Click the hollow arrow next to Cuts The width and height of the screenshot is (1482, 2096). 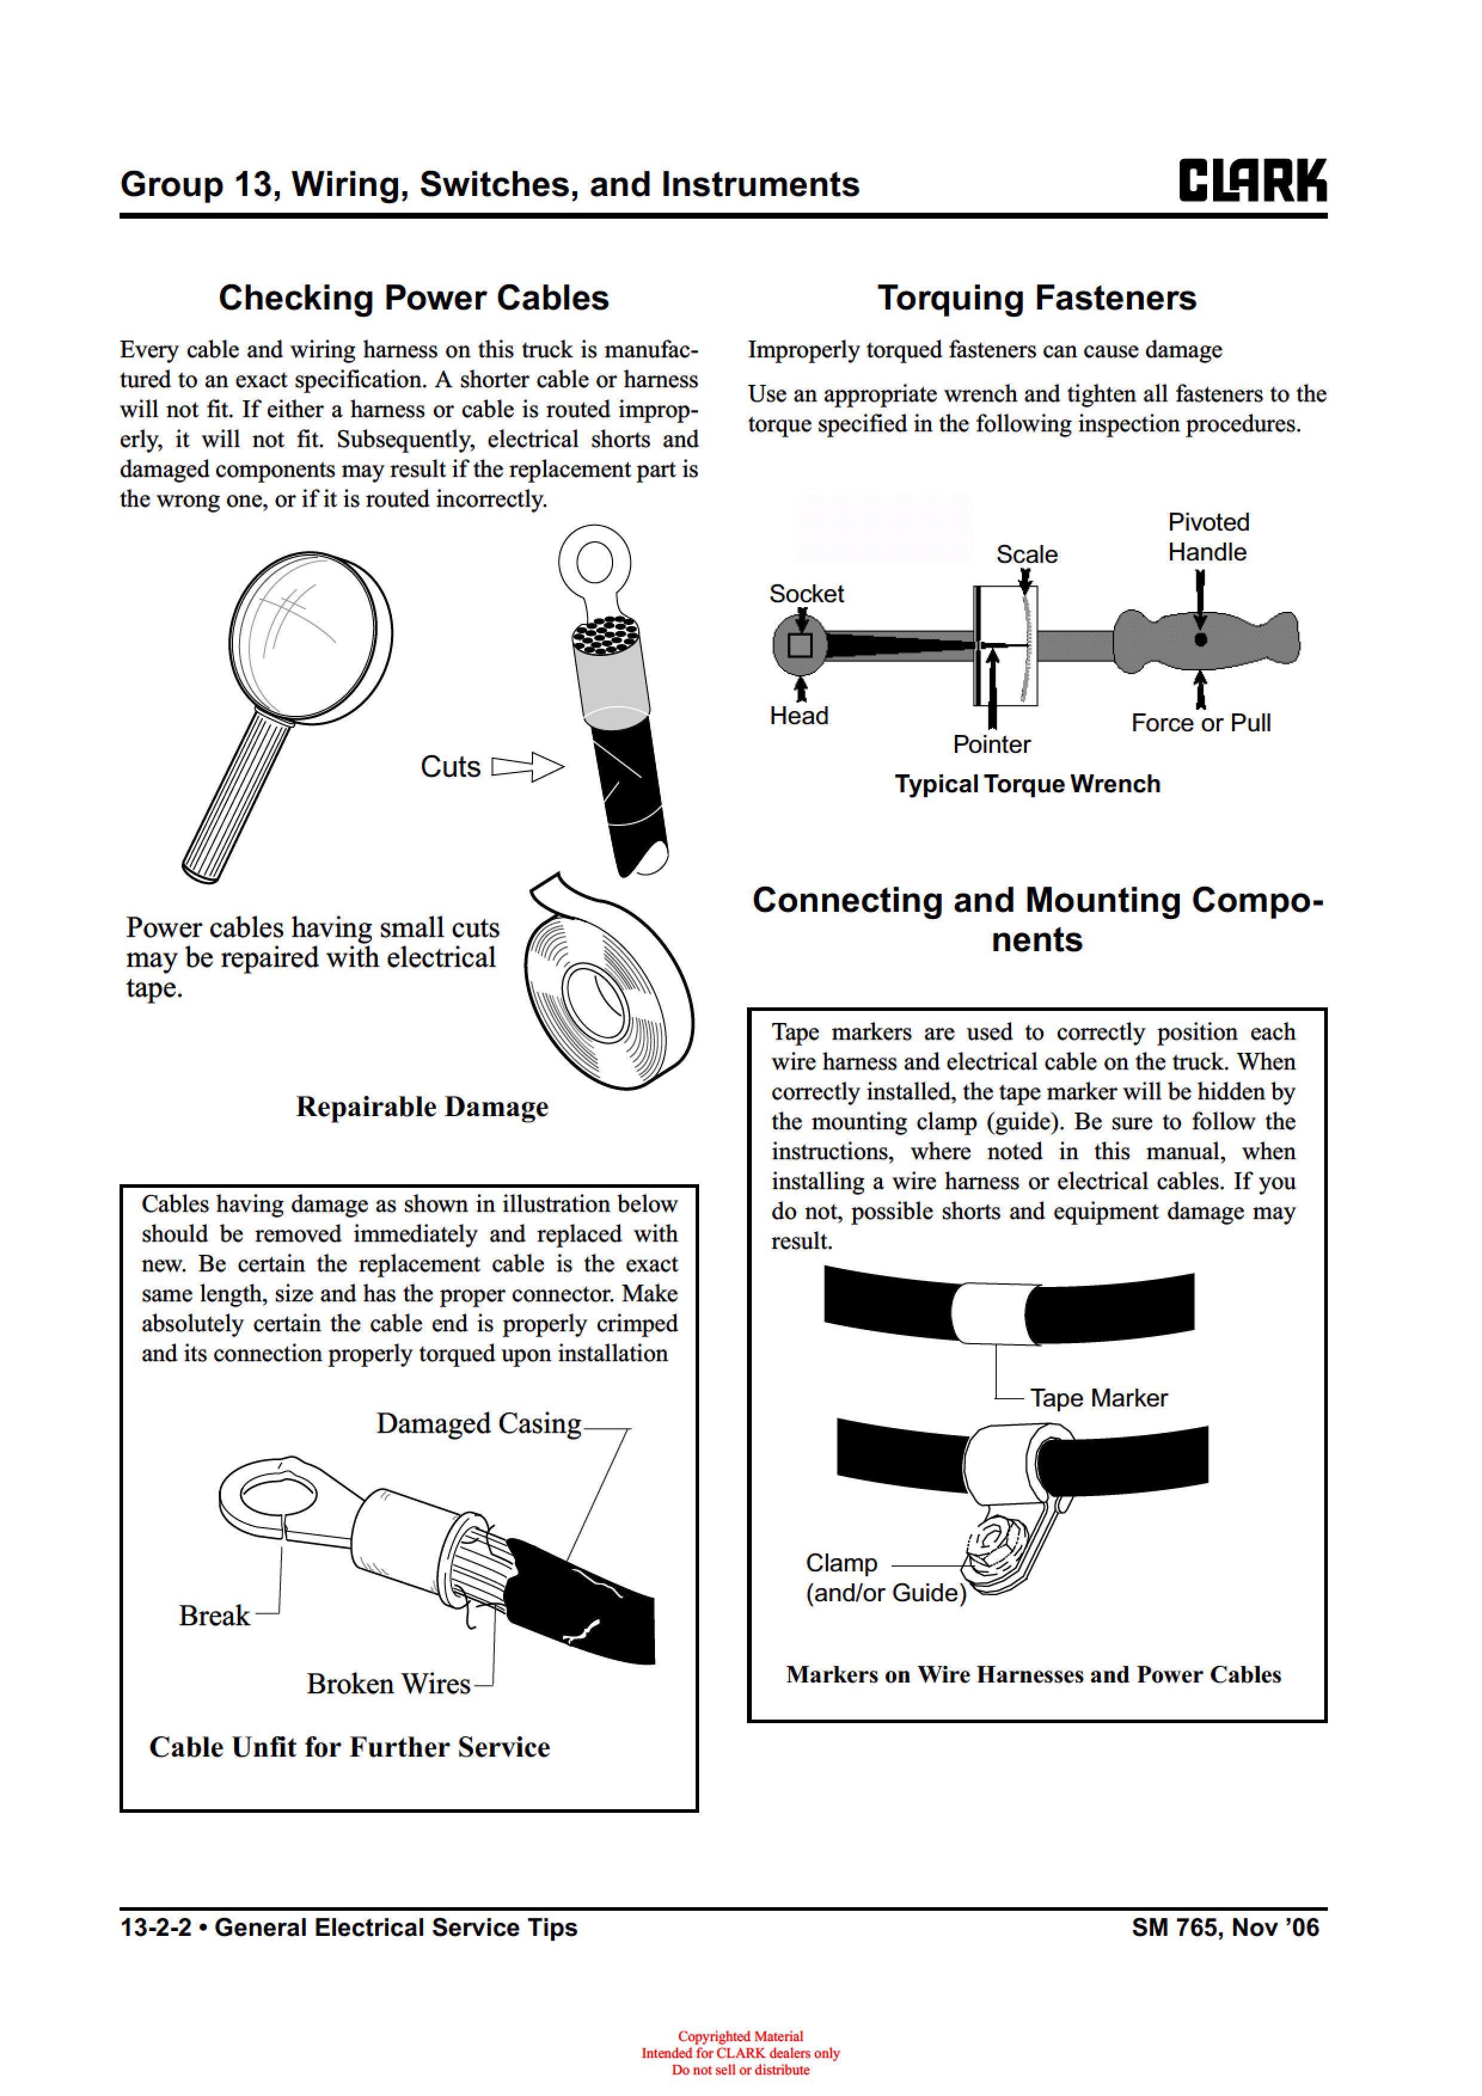tap(528, 767)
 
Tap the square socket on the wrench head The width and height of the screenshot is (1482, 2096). tap(800, 645)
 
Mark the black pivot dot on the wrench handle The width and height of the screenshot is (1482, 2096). tap(1201, 639)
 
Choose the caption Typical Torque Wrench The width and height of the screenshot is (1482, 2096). tap(1027, 784)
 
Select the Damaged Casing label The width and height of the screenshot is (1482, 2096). tap(479, 1423)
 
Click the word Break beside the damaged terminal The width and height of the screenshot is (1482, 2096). tap(214, 1615)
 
